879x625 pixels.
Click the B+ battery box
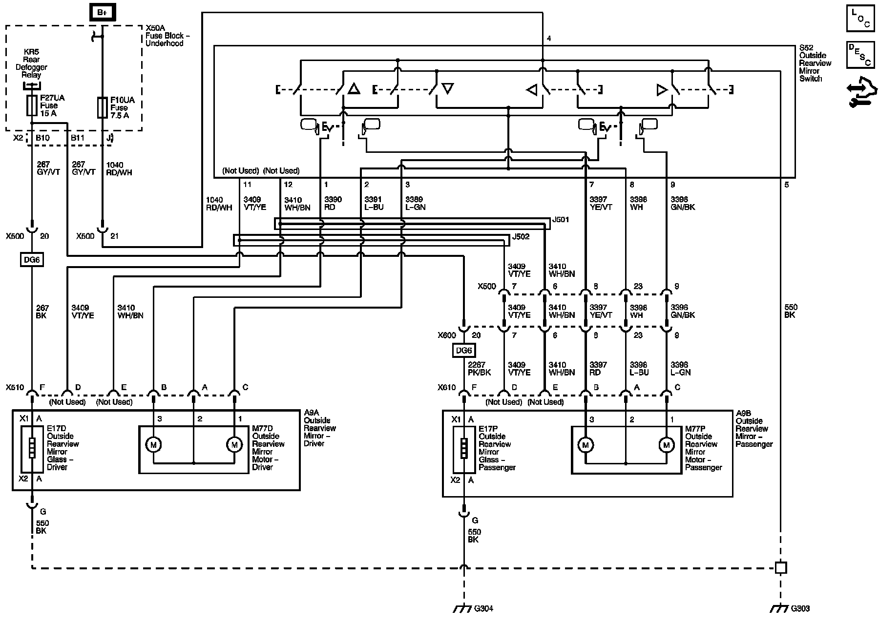pyautogui.click(x=102, y=12)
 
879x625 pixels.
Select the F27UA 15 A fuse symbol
pyautogui.click(x=32, y=105)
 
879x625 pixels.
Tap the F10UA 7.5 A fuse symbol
pyautogui.click(x=102, y=107)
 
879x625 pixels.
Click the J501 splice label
pyautogui.click(x=561, y=220)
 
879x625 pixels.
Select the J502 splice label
pyautogui.click(x=521, y=237)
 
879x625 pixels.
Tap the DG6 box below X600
pyautogui.click(x=464, y=351)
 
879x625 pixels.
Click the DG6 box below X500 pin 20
pyautogui.click(x=32, y=260)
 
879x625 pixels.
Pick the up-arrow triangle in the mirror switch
pyautogui.click(x=354, y=89)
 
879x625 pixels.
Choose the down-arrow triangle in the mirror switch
pyautogui.click(x=447, y=88)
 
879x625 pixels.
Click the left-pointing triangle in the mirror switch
pyautogui.click(x=532, y=90)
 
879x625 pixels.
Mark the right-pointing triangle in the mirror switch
pyautogui.click(x=662, y=90)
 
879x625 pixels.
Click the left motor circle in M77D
pyautogui.click(x=153, y=444)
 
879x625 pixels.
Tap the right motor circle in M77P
pyautogui.click(x=666, y=445)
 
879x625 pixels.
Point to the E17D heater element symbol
pyautogui.click(x=32, y=449)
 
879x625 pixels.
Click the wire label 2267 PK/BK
pyautogui.click(x=479, y=369)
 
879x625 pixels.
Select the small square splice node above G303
pyautogui.click(x=780, y=567)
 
